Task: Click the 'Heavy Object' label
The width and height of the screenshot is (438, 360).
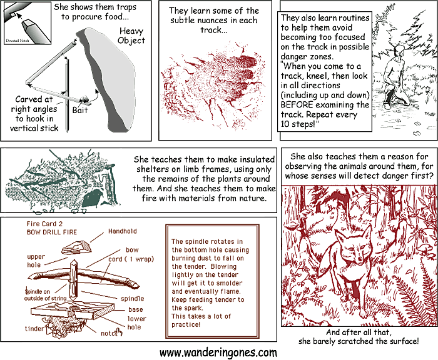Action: point(131,36)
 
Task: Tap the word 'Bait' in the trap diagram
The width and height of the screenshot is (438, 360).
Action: point(80,110)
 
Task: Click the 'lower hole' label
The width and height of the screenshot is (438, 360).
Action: point(137,322)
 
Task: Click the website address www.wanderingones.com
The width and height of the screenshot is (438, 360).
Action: point(218,352)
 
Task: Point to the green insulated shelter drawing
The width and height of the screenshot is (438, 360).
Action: point(59,181)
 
